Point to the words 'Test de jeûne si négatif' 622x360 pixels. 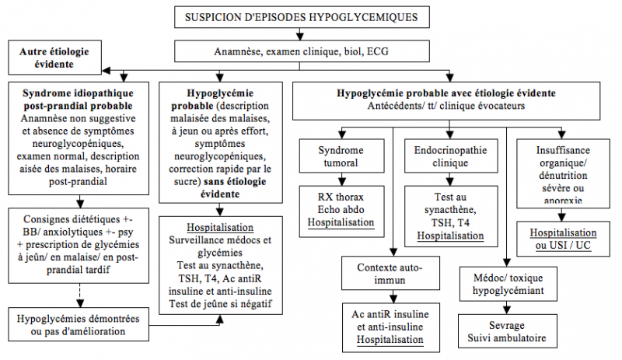pos(220,302)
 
